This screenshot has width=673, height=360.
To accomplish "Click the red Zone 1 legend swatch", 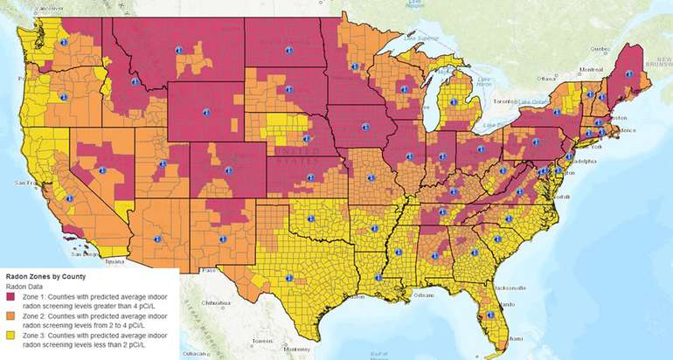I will point(10,298).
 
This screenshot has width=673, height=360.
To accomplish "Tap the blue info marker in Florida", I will point(490,315).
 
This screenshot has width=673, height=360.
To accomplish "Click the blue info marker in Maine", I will point(621,73).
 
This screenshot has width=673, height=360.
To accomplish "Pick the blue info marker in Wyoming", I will point(206,111).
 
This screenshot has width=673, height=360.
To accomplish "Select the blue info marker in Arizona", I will point(158,239).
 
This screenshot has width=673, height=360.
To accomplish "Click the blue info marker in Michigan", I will point(453,101).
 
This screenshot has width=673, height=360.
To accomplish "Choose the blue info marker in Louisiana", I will point(378,278).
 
